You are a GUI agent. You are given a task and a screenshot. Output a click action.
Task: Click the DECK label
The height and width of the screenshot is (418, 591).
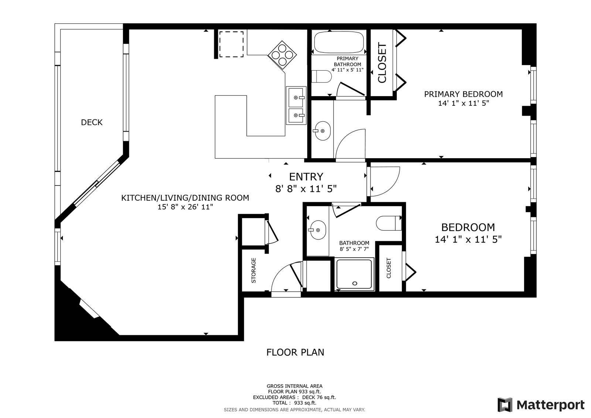pos(92,122)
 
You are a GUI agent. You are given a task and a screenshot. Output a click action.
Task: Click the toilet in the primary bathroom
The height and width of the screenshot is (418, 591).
pos(322,77)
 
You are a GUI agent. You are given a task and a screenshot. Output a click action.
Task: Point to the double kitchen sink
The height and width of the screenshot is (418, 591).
pos(296,105)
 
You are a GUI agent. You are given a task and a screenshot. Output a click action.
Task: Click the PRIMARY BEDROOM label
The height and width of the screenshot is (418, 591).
pos(463,94)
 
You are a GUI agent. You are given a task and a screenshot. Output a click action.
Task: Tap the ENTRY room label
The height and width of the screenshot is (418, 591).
pos(306,177)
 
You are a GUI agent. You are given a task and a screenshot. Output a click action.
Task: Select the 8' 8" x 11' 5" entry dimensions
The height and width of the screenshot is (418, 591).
pos(306,189)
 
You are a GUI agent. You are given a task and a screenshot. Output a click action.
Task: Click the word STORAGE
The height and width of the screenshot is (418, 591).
pos(253,271)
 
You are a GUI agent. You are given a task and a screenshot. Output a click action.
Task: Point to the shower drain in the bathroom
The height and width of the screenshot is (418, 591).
pos(355,283)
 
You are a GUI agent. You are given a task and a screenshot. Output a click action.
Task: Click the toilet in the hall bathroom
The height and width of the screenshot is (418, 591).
pos(389,223)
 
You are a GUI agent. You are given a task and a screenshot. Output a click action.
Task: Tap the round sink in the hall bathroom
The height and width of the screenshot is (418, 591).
pos(318,230)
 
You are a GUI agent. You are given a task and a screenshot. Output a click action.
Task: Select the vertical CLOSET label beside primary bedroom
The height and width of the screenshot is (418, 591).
pos(382,62)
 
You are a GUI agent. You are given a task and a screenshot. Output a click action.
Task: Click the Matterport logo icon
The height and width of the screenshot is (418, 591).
pos(505,405)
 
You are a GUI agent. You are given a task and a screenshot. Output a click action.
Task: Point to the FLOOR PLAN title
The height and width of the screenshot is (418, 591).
pos(295,352)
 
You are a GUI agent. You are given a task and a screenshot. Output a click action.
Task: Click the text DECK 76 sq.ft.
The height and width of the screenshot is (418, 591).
pos(319,397)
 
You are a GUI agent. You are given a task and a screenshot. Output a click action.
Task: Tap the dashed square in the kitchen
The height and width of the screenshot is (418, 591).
pos(231,44)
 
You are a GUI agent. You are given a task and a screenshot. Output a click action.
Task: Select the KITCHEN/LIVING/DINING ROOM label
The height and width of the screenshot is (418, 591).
pos(185,198)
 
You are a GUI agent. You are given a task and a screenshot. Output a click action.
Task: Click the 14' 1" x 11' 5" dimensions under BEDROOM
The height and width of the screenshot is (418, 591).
pos(468,239)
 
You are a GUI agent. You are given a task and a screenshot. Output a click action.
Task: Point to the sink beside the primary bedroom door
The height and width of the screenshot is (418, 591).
pos(322,131)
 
